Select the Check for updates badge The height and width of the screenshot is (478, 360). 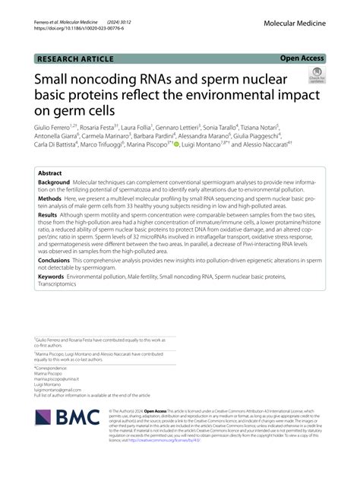click(x=316, y=75)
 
